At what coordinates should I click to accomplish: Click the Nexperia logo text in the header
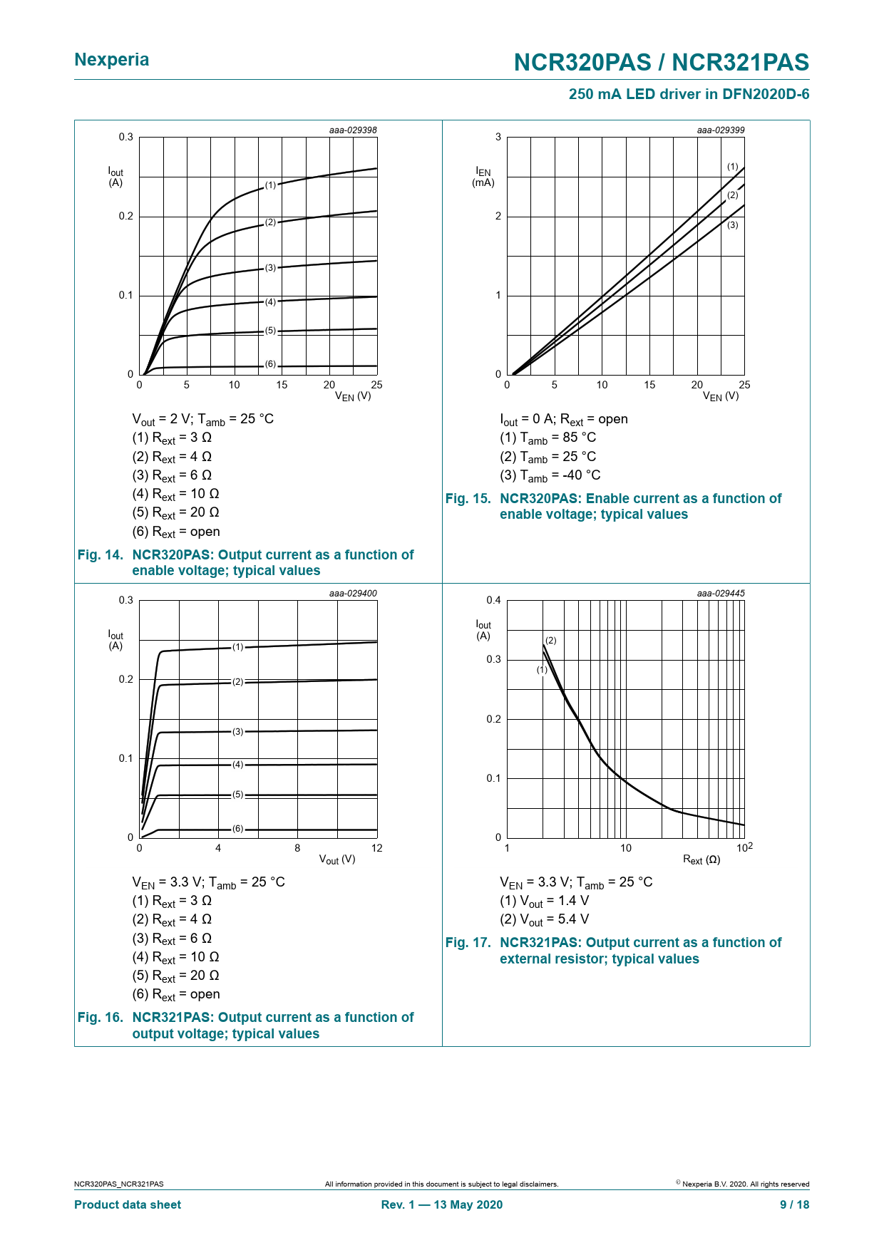pos(112,60)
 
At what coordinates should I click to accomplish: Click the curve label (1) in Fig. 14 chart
pos(270,185)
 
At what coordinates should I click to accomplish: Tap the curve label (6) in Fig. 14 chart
pos(270,364)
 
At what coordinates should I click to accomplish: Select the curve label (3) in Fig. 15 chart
pos(732,225)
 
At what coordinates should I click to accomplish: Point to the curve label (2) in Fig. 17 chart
pos(550,641)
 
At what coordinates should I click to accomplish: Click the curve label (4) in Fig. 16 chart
pos(237,765)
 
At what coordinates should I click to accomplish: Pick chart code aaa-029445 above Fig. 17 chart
pos(720,594)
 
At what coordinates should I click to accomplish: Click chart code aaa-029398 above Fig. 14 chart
pos(353,130)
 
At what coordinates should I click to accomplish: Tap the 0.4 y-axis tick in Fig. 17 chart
pos(493,600)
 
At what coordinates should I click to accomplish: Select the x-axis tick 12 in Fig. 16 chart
pos(376,848)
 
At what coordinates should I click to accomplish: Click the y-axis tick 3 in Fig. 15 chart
pos(498,137)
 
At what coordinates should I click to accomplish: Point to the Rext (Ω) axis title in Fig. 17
pos(701,860)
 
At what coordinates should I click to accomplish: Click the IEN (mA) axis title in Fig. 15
pos(483,177)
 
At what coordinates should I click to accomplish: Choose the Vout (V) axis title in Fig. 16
pos(336,860)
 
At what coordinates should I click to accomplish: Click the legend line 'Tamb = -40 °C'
pos(550,475)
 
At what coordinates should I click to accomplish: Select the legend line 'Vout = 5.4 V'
pos(545,920)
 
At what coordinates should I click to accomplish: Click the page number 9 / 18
pos(794,1204)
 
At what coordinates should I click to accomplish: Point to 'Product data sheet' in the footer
pos(128,1204)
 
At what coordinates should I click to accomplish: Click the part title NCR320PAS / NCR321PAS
pos(661,63)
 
